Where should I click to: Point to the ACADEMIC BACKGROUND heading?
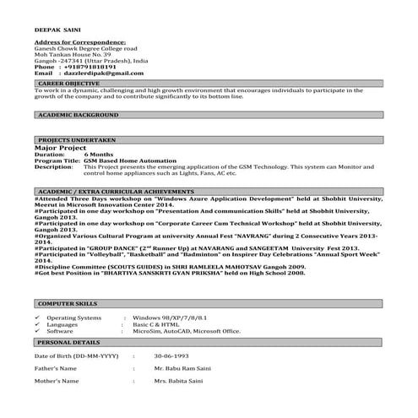point(79,114)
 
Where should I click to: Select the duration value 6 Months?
point(98,155)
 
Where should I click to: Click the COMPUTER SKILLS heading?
point(68,302)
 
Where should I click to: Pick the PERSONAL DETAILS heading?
point(69,343)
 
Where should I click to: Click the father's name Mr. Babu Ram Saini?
point(183,370)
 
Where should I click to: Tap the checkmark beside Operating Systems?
point(36,318)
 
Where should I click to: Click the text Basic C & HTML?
point(155,324)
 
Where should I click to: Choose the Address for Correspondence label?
point(75,42)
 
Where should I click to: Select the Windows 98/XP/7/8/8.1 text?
point(170,318)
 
